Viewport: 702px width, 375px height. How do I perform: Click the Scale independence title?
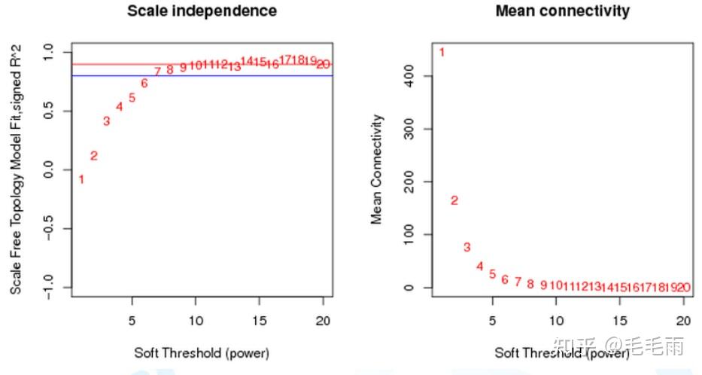pyautogui.click(x=201, y=11)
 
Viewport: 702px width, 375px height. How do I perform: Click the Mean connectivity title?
pyautogui.click(x=563, y=11)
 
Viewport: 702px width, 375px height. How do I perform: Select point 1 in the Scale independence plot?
pyautogui.click(x=81, y=179)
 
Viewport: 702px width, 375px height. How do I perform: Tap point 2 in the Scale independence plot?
pyautogui.click(x=94, y=156)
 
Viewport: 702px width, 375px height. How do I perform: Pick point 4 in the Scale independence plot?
pyautogui.click(x=119, y=107)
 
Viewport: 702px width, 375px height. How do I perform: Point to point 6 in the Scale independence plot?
pyautogui.click(x=144, y=84)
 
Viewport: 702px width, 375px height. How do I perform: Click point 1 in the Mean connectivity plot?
pyautogui.click(x=442, y=52)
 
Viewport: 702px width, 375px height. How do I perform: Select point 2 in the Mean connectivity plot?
pyautogui.click(x=454, y=200)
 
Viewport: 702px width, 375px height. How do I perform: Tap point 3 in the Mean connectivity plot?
pyautogui.click(x=466, y=247)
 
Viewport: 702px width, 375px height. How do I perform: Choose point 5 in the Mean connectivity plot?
pyautogui.click(x=492, y=274)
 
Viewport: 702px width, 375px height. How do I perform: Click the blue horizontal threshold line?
pyautogui.click(x=226, y=75)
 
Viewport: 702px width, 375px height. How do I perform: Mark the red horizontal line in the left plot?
pyautogui.click(x=226, y=64)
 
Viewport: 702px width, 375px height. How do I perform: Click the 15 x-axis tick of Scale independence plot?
pyautogui.click(x=260, y=319)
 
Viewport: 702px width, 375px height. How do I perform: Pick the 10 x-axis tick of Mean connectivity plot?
pyautogui.click(x=556, y=319)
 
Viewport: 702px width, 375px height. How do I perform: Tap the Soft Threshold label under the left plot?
pyautogui.click(x=201, y=352)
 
